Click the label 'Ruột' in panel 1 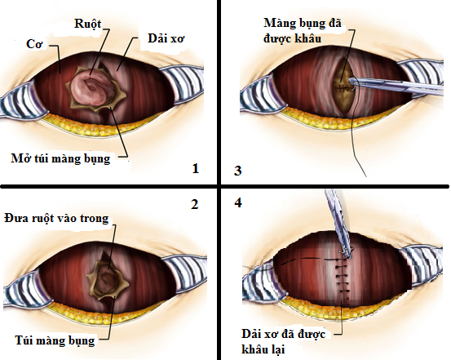[x=88, y=24]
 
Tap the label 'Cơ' [x=34, y=44]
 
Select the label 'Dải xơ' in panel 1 [x=166, y=39]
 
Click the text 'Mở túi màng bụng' [x=60, y=158]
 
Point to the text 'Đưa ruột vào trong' [x=56, y=218]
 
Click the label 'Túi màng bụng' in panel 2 [x=55, y=341]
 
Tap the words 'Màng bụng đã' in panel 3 [x=303, y=24]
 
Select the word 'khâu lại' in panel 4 [x=263, y=349]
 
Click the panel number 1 [x=196, y=168]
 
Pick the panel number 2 [x=195, y=204]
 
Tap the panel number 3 [x=237, y=171]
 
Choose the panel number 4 [x=238, y=202]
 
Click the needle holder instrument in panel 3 [x=397, y=86]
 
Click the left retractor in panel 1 [x=21, y=100]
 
